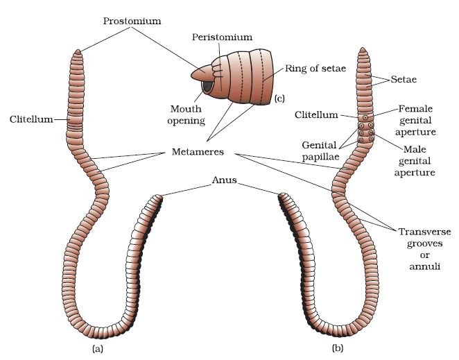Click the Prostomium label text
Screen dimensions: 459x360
point(132,21)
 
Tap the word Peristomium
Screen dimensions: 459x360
point(222,37)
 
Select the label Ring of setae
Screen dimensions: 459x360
point(315,69)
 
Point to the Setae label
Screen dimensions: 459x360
point(404,79)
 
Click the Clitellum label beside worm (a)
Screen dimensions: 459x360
point(31,119)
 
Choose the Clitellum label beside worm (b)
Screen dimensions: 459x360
point(316,114)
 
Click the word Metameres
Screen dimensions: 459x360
point(198,152)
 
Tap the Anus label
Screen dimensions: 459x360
point(224,180)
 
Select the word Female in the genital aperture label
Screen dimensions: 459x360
point(415,109)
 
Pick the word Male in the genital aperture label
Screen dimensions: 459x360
point(415,149)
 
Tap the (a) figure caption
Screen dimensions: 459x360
point(98,349)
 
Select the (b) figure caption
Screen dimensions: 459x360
point(338,348)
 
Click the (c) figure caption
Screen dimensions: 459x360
point(279,98)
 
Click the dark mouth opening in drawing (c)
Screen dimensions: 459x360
point(207,86)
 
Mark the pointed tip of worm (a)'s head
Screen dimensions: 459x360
point(78,50)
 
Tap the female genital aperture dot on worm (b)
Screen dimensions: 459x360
point(365,118)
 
